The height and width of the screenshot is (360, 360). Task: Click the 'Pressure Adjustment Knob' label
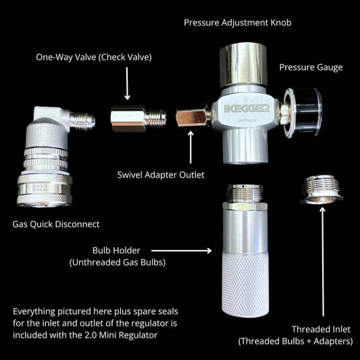coord(238,23)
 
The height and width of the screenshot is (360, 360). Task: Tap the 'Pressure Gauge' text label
coord(311,68)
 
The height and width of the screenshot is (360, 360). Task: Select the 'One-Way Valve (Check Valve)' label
coord(94,57)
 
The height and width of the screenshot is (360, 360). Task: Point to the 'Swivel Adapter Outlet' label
coord(161,175)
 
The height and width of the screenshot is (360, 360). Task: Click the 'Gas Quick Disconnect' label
coord(56,224)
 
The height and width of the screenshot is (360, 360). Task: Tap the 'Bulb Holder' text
coord(116,251)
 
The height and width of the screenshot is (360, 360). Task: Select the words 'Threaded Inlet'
coord(321,330)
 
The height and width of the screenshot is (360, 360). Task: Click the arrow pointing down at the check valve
coord(127,84)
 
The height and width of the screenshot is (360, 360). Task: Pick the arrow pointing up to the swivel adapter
coord(190,147)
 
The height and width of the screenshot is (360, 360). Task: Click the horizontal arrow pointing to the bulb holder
coord(182,251)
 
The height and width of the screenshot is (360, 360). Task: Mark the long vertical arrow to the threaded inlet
coord(323,262)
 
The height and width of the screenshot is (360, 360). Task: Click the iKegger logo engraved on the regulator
coord(247,109)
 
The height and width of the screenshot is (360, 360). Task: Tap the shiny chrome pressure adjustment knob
coord(243,65)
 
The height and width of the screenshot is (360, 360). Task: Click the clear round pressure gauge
coord(303,113)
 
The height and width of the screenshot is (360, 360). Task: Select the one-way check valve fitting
coord(138,118)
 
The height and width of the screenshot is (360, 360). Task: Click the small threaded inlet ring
coord(322,190)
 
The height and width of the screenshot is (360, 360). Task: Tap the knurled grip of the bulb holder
coord(245,285)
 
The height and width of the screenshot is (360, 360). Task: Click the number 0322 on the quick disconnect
coord(39,188)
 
